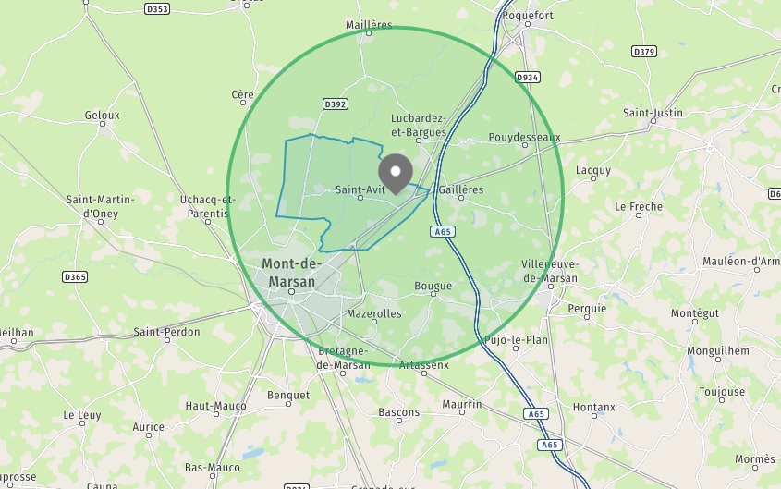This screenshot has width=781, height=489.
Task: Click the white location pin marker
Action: point(397,171)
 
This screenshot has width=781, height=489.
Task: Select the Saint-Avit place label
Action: point(360,190)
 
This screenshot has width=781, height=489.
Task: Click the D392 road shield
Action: point(336,104)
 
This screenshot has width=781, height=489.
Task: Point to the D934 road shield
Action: point(527,77)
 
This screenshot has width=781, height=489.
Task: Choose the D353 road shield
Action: point(158,9)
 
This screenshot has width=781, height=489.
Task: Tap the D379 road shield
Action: point(644,51)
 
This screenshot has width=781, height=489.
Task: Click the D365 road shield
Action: point(75,276)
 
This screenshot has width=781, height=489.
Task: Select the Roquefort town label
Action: point(527,16)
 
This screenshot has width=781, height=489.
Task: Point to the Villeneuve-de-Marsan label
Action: point(549,271)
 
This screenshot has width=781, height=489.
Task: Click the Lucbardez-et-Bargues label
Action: point(419,125)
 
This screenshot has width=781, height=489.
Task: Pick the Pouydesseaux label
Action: point(524,137)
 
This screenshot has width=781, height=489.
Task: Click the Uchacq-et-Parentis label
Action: point(208,206)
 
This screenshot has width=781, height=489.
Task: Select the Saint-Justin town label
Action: point(653,113)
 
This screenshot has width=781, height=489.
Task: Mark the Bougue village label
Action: point(433,286)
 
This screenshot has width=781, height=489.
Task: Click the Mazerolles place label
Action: point(373,313)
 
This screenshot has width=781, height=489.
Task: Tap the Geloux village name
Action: point(103,116)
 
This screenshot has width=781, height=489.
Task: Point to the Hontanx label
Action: point(593,407)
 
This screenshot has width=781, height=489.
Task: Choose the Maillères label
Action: point(369,25)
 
